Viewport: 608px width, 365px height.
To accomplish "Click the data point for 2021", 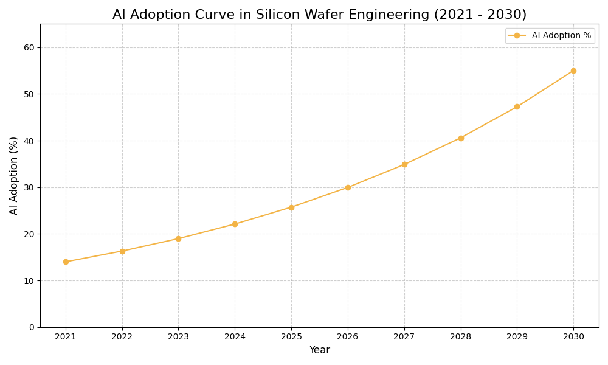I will tap(66, 262).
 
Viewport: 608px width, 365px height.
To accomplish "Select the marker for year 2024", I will tap(235, 224).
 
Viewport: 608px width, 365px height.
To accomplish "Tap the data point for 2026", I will tap(348, 187).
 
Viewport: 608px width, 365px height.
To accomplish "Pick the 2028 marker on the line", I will tap(461, 138).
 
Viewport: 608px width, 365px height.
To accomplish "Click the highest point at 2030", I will tap(573, 71).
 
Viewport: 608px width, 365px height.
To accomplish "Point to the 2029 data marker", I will tap(517, 106).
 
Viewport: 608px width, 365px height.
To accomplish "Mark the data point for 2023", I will tap(178, 238).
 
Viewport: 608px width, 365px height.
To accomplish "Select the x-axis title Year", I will tap(319, 350).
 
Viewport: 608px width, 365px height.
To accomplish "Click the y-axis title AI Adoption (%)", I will tap(14, 175).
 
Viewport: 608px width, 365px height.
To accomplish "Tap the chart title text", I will tap(319, 15).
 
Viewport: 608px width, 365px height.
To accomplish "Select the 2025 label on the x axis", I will tap(291, 336).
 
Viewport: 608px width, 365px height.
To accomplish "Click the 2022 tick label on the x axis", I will tap(122, 336).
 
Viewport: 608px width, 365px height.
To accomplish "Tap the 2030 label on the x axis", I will tap(573, 336).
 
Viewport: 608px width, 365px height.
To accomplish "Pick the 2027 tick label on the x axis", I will tap(404, 336).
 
